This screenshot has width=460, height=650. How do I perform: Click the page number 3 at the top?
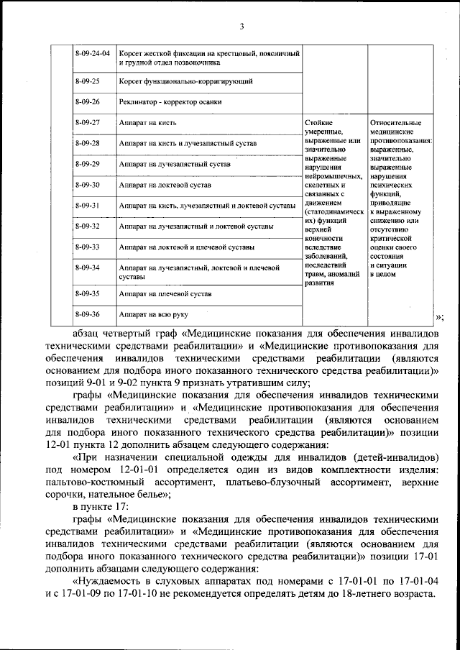[242, 27]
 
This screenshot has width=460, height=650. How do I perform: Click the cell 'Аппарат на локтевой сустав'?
[165, 186]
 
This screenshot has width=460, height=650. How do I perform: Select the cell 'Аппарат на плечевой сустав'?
[166, 294]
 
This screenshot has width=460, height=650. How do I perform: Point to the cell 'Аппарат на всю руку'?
[155, 315]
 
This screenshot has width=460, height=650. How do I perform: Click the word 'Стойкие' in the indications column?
[318, 123]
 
